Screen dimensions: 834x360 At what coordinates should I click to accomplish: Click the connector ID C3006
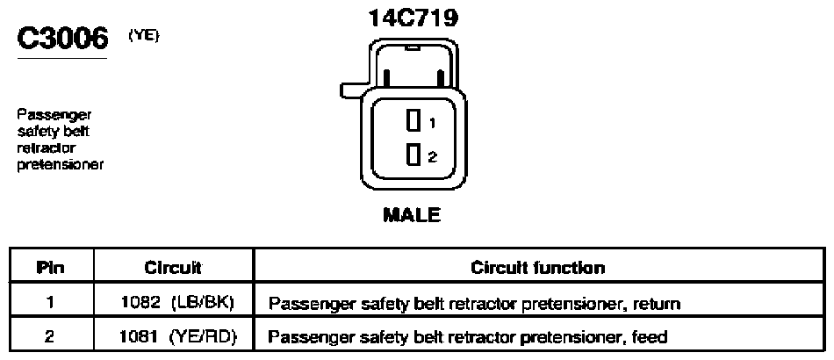(62, 39)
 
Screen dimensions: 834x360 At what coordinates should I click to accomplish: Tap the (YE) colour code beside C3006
(144, 35)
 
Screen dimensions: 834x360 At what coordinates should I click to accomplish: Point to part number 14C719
(413, 18)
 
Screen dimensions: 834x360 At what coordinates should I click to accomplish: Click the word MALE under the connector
(412, 215)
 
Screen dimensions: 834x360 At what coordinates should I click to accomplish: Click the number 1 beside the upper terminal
(432, 123)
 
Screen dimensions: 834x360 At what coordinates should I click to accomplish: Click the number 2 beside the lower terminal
(433, 157)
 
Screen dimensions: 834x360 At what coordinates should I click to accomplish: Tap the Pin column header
(51, 267)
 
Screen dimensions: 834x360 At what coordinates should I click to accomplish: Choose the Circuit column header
(173, 267)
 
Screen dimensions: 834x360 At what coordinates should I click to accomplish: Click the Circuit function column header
(538, 267)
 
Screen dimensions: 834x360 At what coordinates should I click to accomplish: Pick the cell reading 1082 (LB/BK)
(178, 303)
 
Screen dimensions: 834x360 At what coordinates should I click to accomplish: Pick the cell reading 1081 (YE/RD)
(178, 336)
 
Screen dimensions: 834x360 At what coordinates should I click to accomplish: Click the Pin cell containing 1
(50, 303)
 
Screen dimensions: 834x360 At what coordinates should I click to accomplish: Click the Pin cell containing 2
(50, 336)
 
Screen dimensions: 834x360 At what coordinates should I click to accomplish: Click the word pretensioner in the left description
(60, 164)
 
